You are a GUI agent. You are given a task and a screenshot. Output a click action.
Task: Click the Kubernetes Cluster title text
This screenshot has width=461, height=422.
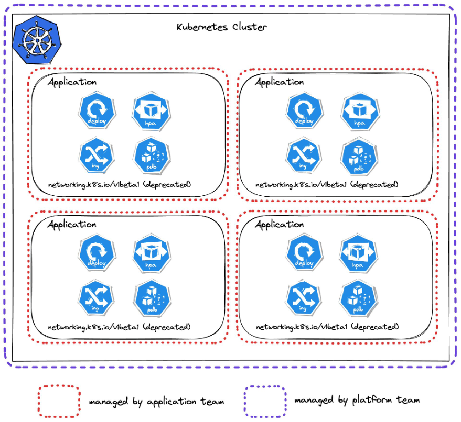(x=221, y=27)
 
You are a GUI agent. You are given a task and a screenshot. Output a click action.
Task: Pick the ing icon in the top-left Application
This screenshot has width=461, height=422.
(x=96, y=156)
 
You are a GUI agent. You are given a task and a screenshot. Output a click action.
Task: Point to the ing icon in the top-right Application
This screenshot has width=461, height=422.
(x=303, y=156)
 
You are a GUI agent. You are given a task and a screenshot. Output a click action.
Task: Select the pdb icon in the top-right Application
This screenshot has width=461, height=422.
(x=358, y=157)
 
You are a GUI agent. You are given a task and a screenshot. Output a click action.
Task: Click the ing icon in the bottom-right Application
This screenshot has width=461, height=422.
(x=303, y=298)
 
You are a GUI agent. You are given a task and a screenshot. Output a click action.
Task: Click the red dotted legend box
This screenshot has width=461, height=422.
(x=59, y=401)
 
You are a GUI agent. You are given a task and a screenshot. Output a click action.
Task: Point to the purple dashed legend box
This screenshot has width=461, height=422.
(x=265, y=401)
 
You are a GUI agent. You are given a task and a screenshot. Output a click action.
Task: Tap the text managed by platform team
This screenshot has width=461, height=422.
(x=357, y=401)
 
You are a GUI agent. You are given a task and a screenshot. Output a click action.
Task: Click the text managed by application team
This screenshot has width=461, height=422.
(x=156, y=402)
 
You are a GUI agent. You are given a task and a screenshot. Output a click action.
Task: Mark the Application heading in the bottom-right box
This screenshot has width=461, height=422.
(x=279, y=225)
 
